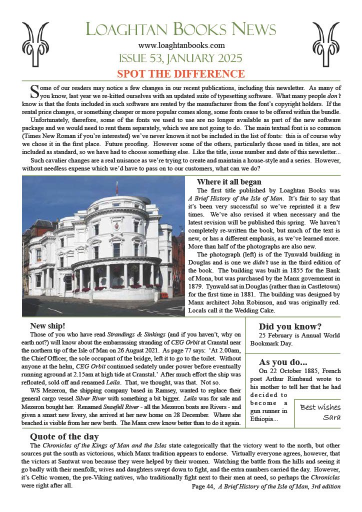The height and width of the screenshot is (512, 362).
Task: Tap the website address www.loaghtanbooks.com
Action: [x=181, y=45]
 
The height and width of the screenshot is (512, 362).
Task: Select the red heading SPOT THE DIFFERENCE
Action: [x=180, y=74]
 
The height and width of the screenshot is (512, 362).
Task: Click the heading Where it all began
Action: [x=228, y=182]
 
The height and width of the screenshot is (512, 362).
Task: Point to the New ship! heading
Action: [x=46, y=325]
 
